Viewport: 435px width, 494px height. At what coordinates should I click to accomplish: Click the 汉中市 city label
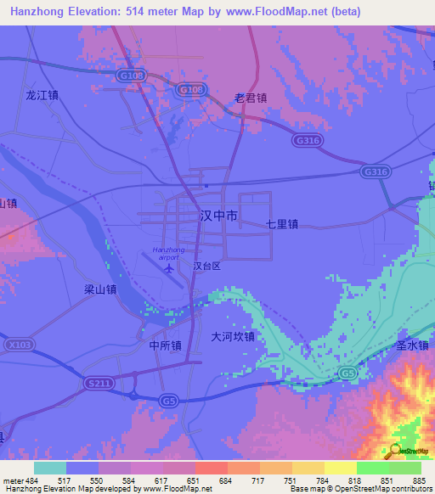pos(218,216)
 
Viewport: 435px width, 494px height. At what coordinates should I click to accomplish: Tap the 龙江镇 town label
pos(42,95)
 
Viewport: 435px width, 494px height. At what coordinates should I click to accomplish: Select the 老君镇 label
pos(251,98)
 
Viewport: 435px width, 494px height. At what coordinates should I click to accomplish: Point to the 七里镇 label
pos(281,225)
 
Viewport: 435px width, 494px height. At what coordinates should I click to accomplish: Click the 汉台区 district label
pos(206,266)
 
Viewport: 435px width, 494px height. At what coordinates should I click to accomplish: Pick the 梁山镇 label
pos(99,289)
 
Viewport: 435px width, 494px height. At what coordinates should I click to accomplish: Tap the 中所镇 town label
pos(165,345)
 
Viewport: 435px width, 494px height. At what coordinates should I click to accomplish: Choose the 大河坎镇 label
pos(233,336)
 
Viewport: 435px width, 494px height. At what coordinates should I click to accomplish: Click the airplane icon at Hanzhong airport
pos(168,269)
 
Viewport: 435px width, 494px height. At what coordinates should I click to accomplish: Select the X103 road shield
pos(22,345)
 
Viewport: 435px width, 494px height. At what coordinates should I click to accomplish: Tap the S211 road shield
pos(100,384)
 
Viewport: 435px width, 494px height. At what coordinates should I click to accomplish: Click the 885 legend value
pos(416,481)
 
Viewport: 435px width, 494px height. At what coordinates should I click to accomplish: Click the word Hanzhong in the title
pos(41,11)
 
